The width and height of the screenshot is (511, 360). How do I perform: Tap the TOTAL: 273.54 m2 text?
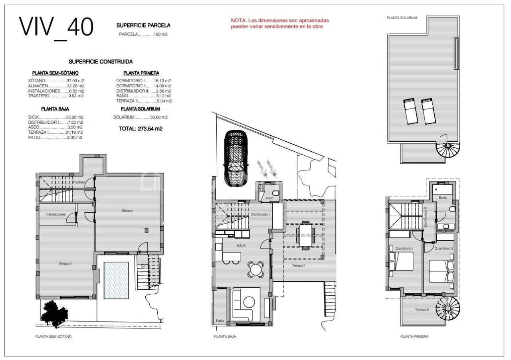[141, 129]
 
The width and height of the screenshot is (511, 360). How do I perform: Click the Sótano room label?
[127, 210]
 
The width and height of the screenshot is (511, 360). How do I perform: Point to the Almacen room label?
[65, 263]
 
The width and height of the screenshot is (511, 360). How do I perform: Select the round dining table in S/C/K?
[255, 269]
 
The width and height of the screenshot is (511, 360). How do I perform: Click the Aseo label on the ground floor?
[269, 198]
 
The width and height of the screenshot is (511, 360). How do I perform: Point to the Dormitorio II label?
[444, 248]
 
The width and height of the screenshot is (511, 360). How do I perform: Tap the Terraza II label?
[422, 309]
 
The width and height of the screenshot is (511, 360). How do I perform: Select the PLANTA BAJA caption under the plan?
[225, 336]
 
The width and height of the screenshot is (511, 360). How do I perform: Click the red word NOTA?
[238, 20]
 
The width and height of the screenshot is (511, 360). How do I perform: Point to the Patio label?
[220, 320]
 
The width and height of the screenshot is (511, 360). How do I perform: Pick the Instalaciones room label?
[55, 214]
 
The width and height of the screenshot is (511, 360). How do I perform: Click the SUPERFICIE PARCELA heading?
[143, 25]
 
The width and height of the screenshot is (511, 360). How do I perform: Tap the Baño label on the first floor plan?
[443, 198]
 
